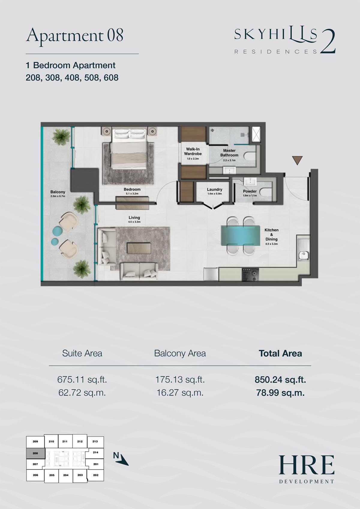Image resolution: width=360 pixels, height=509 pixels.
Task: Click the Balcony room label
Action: pos(58,192)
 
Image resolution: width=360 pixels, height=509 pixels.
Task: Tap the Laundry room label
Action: pos(214,189)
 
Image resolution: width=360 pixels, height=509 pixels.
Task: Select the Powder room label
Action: pos(250,191)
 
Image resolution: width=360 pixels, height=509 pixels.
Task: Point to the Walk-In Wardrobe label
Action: pos(193,151)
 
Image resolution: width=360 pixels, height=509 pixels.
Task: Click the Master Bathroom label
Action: pos(229,153)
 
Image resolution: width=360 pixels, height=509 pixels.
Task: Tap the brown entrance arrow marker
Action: pos(297,160)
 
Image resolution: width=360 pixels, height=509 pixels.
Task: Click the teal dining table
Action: pos(241,235)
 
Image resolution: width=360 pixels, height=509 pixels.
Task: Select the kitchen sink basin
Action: pos(303,256)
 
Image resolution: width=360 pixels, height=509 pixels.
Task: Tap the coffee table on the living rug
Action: pos(139,248)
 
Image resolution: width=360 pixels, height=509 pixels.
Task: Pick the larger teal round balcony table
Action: pos(57,231)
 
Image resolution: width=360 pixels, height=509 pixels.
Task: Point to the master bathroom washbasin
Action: pos(229,170)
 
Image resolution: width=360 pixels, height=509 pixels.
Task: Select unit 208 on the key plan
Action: pos(35,453)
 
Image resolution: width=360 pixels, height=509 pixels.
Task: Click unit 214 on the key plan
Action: pos(96,452)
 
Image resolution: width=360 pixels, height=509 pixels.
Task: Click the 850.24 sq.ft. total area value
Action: pos(280,379)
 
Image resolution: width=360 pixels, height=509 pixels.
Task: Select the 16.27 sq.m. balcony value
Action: pos(180,393)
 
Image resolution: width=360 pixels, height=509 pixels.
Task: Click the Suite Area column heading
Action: pos(82,353)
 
